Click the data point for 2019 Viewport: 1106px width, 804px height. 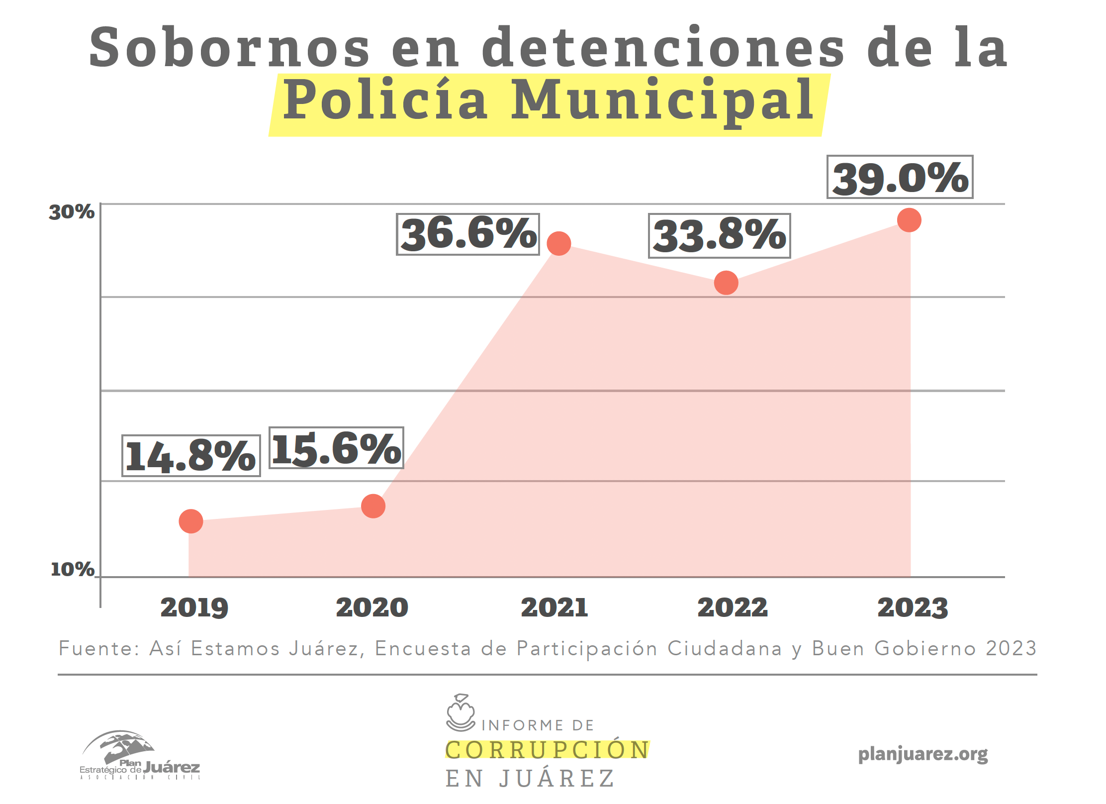point(191,521)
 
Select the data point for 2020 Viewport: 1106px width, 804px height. point(373,506)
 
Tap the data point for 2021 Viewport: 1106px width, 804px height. point(559,244)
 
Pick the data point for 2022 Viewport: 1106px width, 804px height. point(726,283)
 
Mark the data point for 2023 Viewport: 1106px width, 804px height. point(909,220)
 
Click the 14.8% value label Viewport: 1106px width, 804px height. point(191,456)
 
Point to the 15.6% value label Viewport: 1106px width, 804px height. point(336,448)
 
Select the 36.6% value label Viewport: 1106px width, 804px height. point(468,234)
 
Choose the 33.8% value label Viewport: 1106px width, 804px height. point(719,236)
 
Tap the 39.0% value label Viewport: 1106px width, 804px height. point(900,177)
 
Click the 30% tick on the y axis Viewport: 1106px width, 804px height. point(72,212)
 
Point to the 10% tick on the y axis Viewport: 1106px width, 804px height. point(73,569)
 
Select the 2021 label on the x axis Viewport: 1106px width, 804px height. point(554,607)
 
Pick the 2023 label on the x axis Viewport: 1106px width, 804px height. point(913,607)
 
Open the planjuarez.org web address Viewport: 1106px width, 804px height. point(922,754)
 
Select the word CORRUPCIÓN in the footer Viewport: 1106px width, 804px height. point(547,750)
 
